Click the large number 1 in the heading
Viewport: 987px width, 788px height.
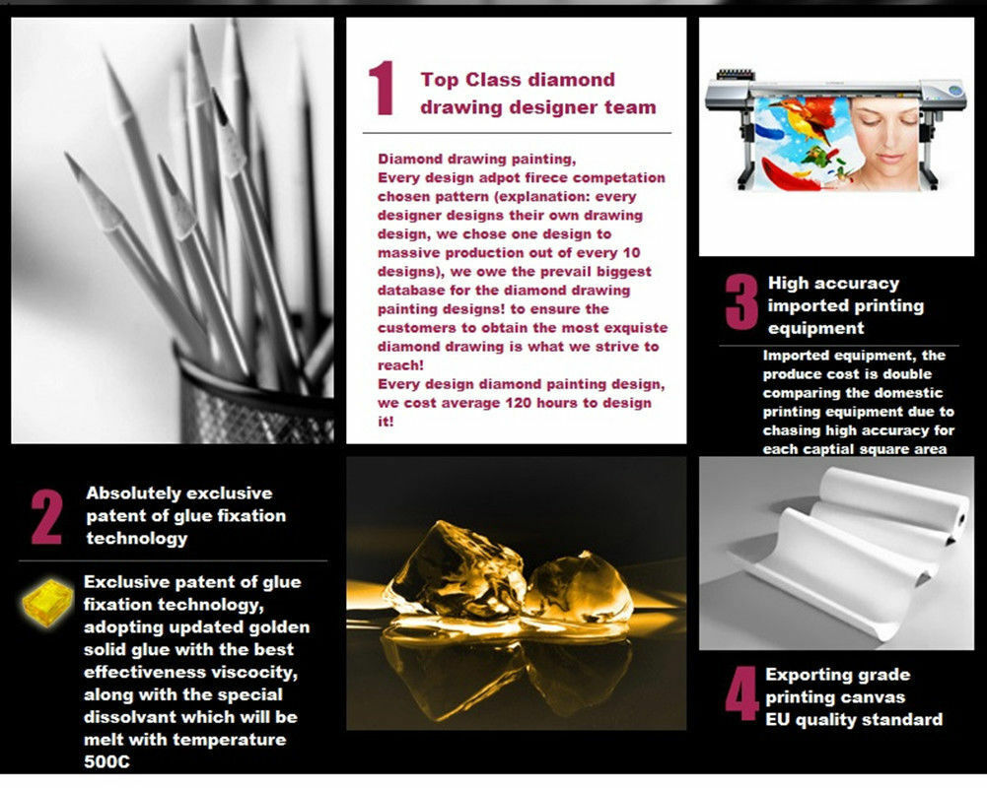tap(381, 91)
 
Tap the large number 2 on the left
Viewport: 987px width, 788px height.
tap(46, 516)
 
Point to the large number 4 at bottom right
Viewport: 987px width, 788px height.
tap(741, 696)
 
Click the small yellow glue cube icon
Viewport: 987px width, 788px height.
tap(48, 601)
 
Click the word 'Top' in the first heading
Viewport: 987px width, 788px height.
tap(439, 80)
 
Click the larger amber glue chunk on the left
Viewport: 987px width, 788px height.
tap(444, 571)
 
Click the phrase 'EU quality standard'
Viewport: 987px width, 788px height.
tap(853, 719)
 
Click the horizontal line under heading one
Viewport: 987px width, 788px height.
tap(516, 133)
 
